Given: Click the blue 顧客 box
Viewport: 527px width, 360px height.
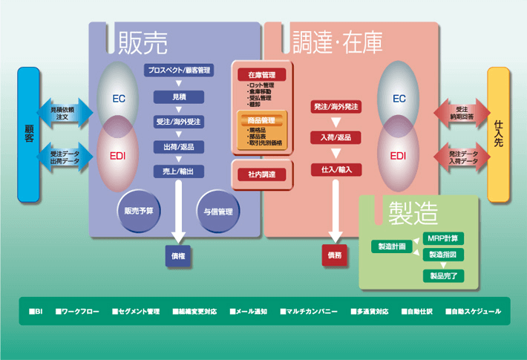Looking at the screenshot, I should click(x=28, y=134).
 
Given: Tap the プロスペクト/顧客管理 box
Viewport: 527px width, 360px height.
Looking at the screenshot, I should click(x=179, y=71).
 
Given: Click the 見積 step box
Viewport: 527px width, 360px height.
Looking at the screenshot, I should click(x=179, y=96).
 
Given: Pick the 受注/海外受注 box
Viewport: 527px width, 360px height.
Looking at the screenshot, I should click(x=179, y=122).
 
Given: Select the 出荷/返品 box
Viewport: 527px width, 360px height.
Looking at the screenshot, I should click(x=179, y=147).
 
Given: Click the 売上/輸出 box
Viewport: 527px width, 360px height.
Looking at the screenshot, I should click(x=179, y=171).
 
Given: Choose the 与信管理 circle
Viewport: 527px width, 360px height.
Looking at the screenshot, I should click(x=218, y=211).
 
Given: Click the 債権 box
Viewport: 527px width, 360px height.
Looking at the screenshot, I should click(x=179, y=256).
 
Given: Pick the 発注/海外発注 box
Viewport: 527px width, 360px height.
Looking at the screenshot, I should click(x=335, y=108).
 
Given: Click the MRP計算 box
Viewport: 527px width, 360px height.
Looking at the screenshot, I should click(x=444, y=238).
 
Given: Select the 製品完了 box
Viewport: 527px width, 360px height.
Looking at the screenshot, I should click(x=444, y=275).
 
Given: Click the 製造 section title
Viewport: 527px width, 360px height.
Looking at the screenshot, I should click(x=416, y=213).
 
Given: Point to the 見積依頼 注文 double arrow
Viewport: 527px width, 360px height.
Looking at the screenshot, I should click(x=66, y=114).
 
